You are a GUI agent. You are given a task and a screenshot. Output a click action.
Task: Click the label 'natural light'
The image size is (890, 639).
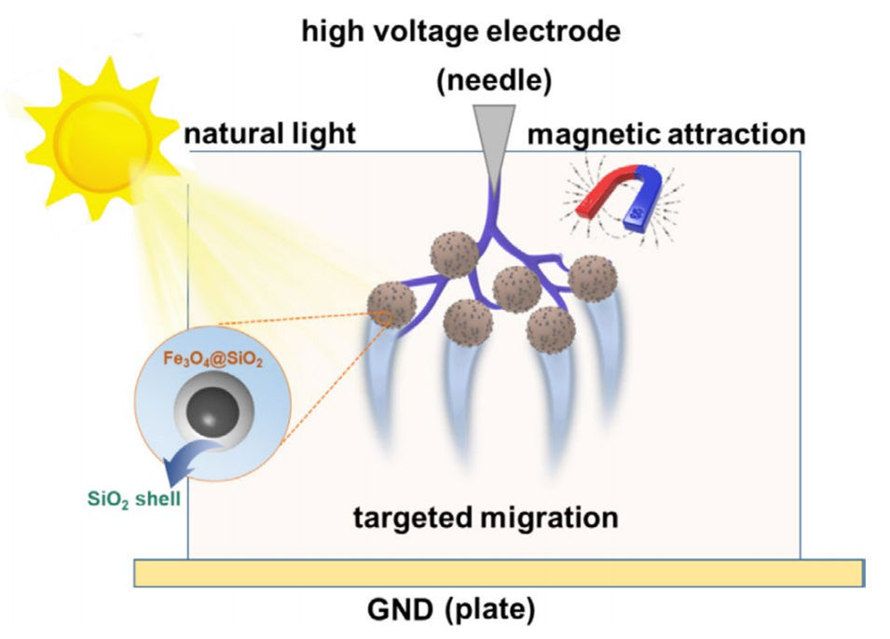click(x=269, y=133)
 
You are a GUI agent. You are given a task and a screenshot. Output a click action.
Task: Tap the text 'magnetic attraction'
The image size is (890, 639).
click(x=666, y=133)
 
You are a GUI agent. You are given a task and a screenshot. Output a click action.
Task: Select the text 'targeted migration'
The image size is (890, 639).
click(x=486, y=516)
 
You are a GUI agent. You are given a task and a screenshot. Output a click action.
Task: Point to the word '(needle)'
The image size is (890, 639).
click(x=495, y=80)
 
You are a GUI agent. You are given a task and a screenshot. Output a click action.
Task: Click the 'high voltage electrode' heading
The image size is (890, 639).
click(x=459, y=32)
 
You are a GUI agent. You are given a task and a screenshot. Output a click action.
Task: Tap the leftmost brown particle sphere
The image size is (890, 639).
click(x=390, y=305)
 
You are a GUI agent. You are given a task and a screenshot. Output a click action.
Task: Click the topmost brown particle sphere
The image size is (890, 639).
click(x=454, y=254)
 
